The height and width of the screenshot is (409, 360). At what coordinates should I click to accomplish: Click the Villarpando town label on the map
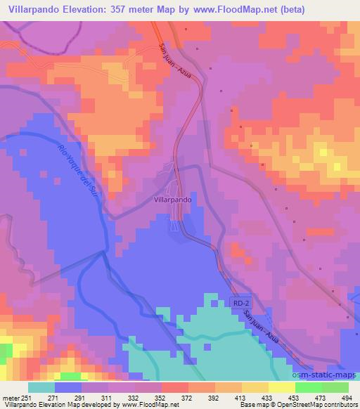pos(172,199)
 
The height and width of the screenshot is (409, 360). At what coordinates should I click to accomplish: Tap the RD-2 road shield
pos(240,303)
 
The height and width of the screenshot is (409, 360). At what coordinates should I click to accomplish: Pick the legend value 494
pos(347,397)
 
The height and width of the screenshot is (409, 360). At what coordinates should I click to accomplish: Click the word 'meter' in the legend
pos(11,397)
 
